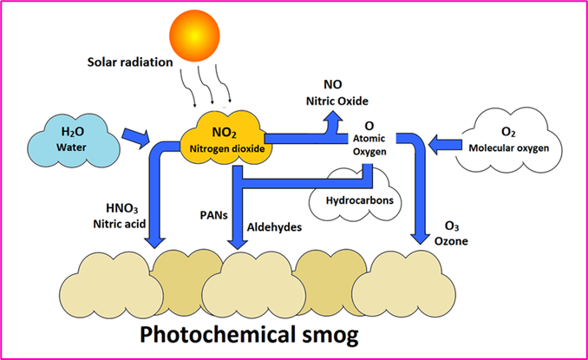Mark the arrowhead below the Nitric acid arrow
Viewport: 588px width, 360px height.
click(x=156, y=240)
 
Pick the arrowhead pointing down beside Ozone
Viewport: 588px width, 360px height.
click(x=421, y=240)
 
